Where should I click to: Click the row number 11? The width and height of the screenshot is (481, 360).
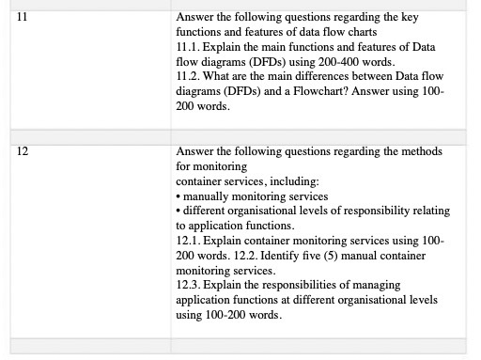pos(22,17)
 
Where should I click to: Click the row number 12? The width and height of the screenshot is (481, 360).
pos(22,150)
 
